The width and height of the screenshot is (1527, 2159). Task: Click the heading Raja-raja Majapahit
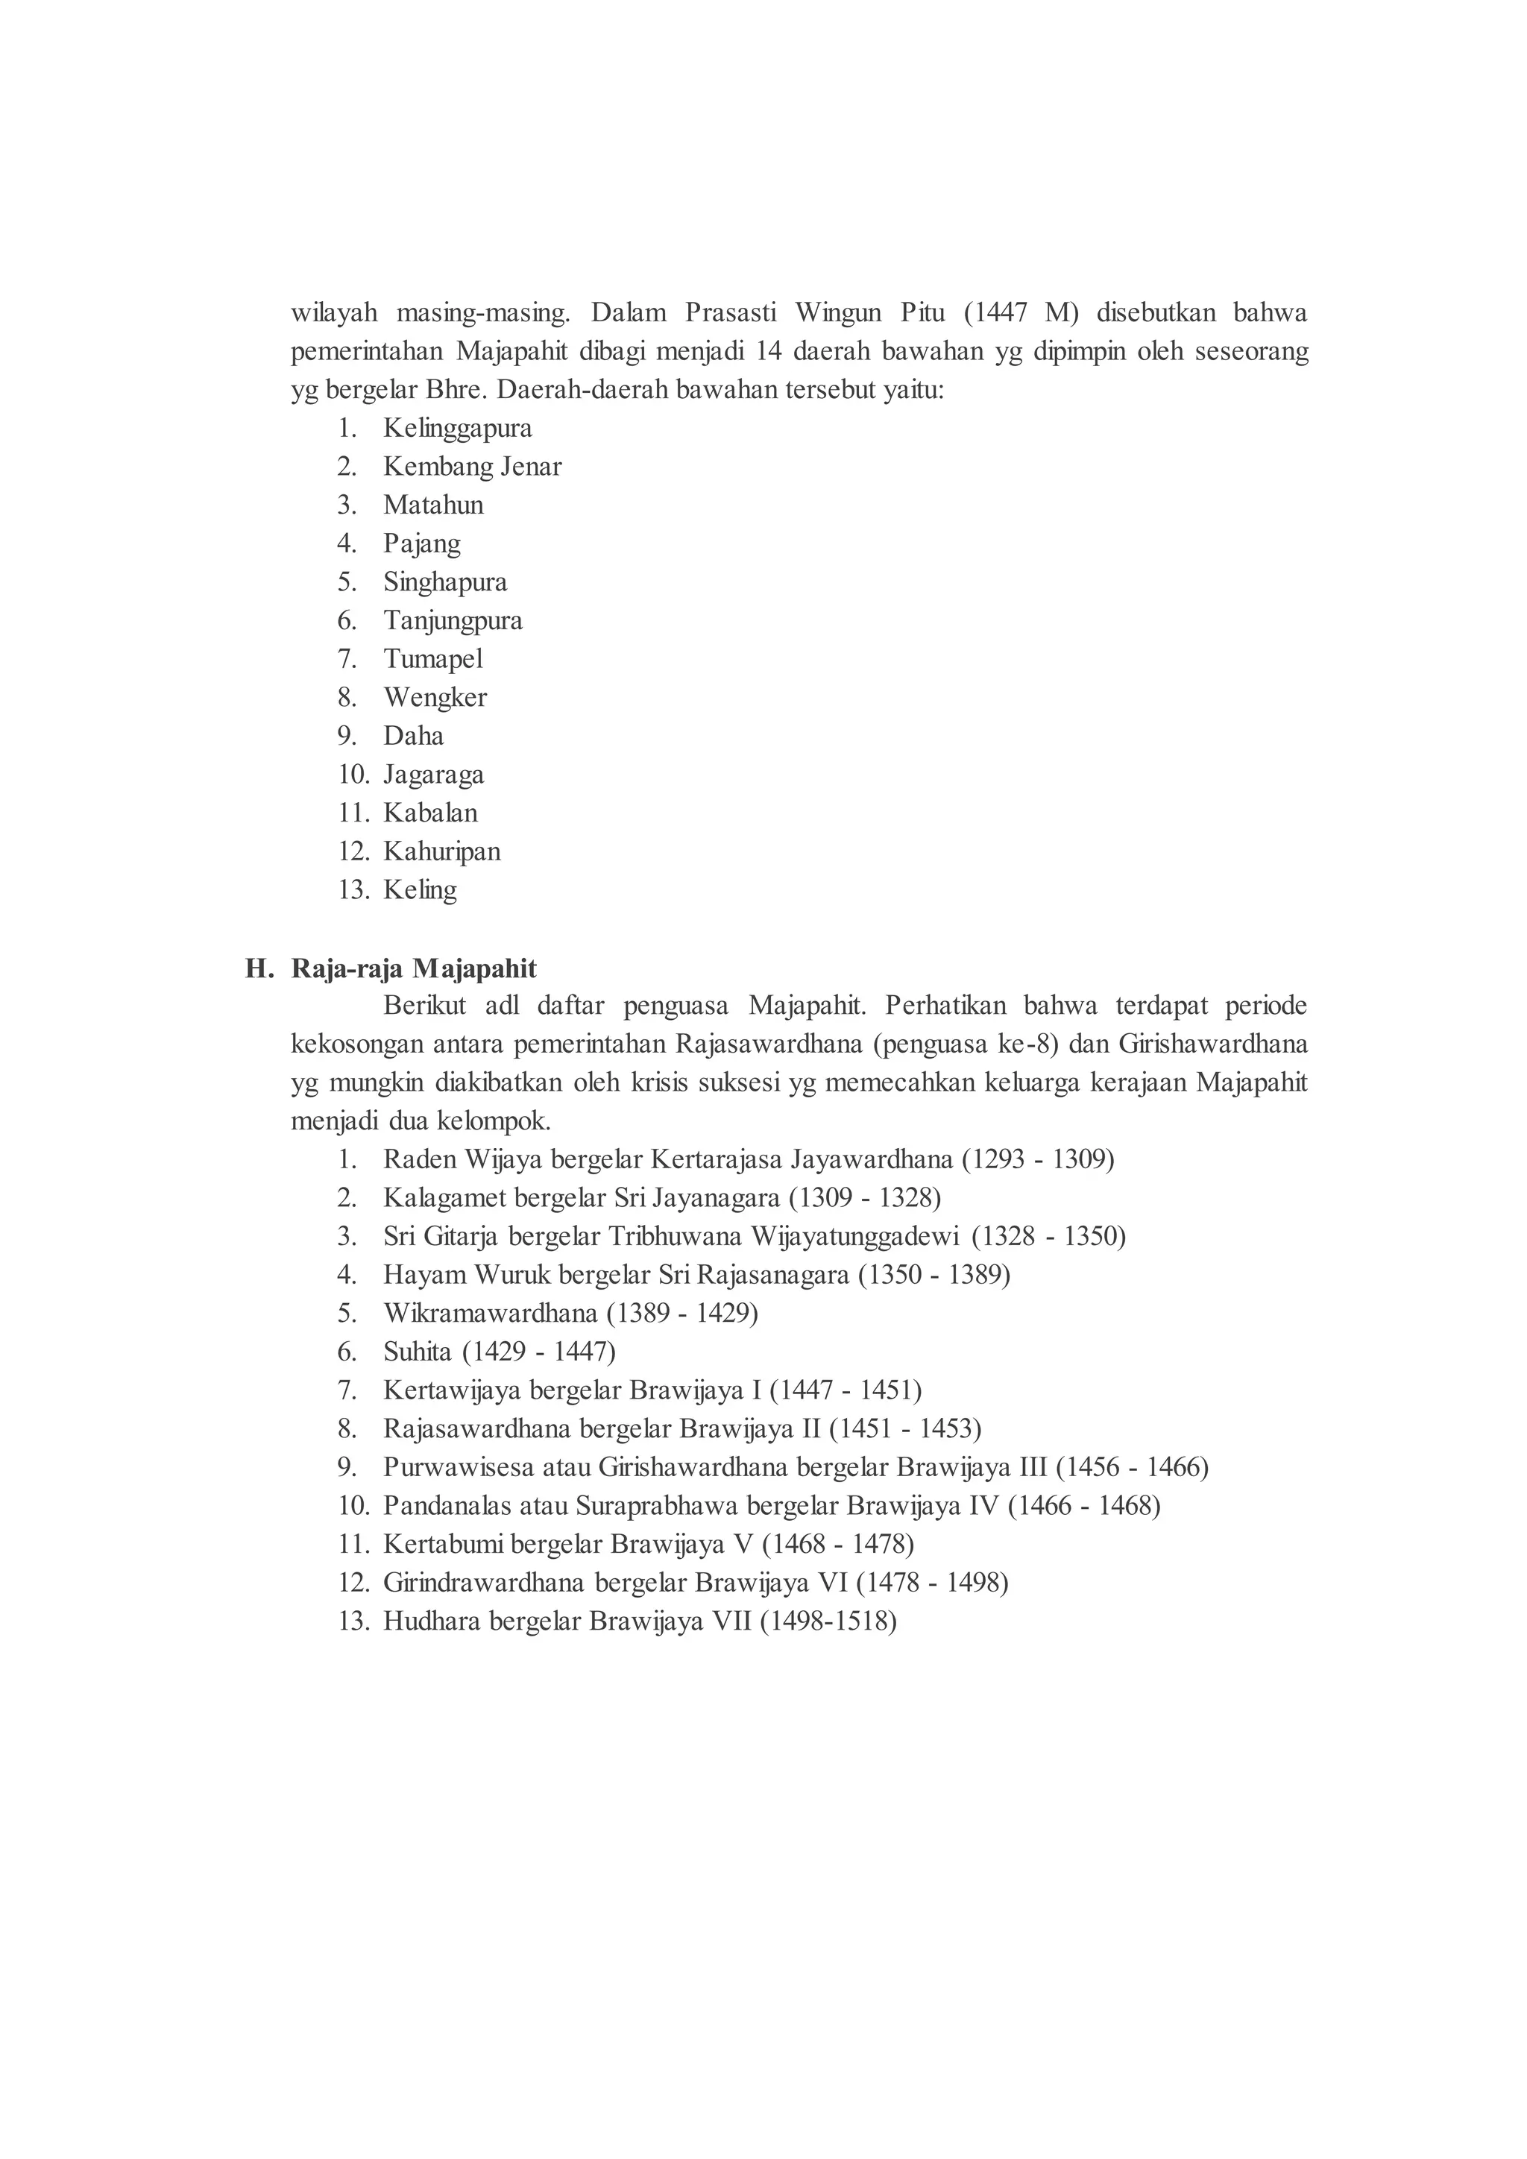[414, 968]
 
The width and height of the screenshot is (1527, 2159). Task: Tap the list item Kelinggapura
[457, 429]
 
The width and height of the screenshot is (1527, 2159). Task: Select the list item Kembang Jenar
[472, 467]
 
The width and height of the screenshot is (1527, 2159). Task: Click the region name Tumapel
[432, 659]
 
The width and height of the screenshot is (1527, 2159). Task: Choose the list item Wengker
[435, 698]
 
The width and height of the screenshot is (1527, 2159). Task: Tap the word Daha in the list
[413, 737]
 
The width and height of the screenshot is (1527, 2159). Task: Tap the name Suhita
[417, 1352]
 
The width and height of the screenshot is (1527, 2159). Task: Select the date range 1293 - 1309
[1037, 1159]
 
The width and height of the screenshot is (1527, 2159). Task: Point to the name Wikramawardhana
[490, 1314]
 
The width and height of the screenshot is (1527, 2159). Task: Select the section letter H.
[258, 968]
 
